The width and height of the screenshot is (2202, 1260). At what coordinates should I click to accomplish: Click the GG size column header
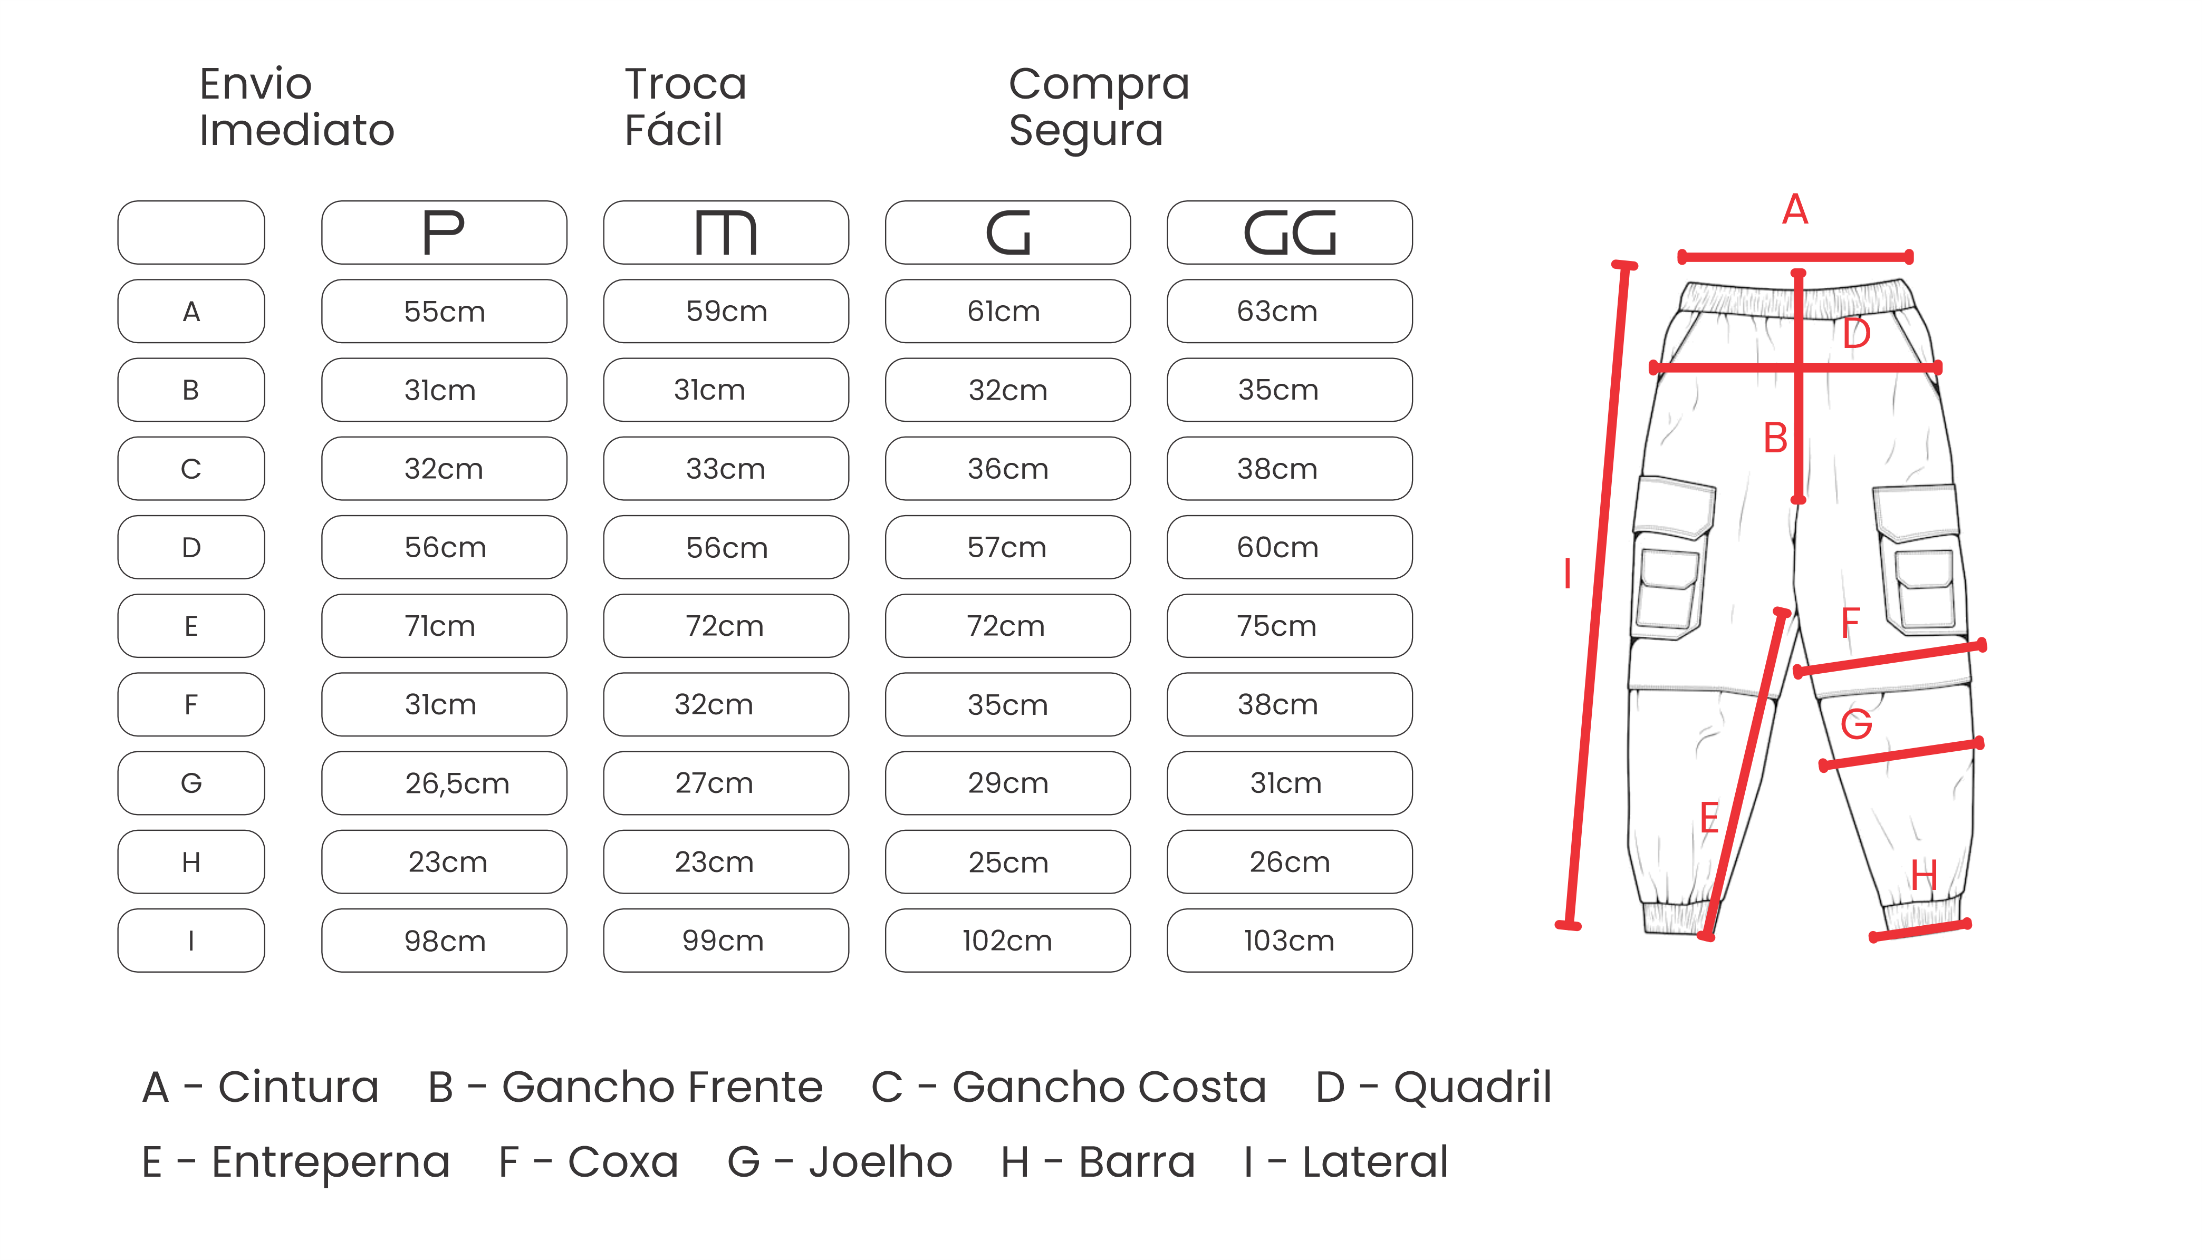click(x=1290, y=233)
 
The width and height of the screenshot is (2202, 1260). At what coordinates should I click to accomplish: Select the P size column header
click(x=444, y=233)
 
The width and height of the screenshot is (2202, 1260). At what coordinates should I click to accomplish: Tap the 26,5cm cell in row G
click(x=444, y=783)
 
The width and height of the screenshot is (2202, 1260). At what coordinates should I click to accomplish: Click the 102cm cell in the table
click(x=1007, y=941)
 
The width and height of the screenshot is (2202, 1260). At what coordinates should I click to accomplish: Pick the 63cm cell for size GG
click(x=1290, y=312)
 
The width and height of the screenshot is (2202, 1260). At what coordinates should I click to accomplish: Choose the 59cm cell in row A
click(x=726, y=312)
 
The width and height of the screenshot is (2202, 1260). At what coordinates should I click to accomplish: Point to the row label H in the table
click(x=191, y=862)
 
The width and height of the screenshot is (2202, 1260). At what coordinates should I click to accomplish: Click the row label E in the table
click(x=191, y=626)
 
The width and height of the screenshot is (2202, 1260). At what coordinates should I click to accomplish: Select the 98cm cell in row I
click(x=444, y=941)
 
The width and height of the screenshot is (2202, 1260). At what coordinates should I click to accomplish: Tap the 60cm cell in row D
click(x=1290, y=547)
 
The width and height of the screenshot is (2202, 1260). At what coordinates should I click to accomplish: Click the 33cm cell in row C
click(x=726, y=468)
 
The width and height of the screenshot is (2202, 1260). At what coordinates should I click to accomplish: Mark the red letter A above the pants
click(x=1795, y=209)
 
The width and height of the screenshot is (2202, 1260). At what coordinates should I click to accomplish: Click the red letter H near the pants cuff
click(x=1924, y=876)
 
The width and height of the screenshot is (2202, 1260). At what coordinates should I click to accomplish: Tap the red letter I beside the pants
click(x=1568, y=574)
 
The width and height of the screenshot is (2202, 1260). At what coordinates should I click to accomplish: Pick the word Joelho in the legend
click(x=880, y=1162)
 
